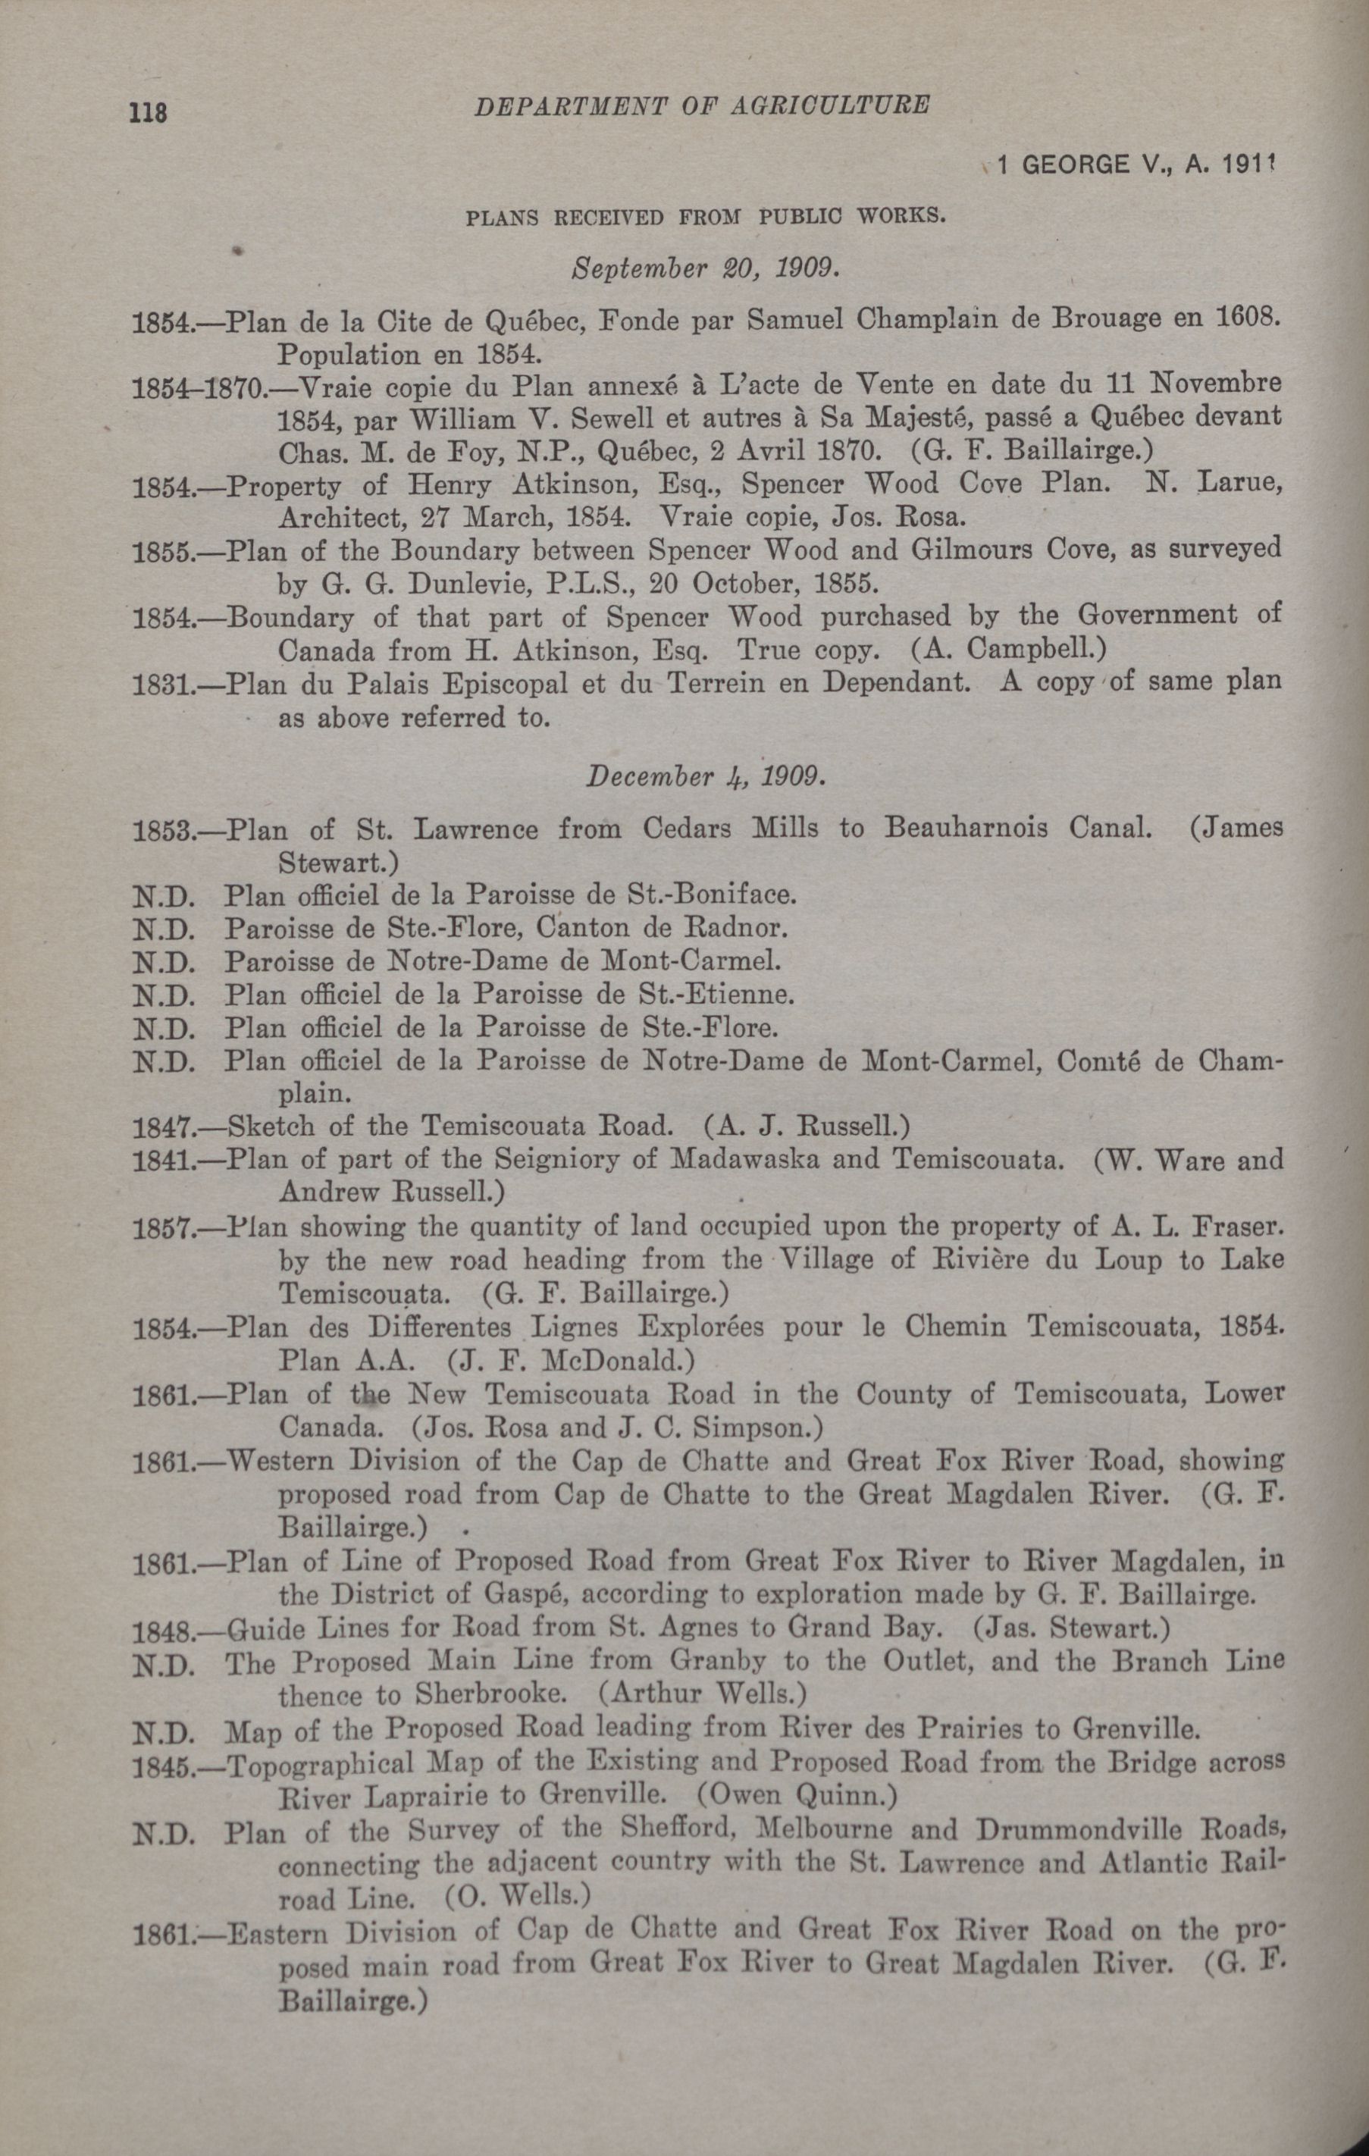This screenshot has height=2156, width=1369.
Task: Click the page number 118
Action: point(149,114)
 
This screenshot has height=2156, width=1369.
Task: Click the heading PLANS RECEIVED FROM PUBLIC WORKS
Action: point(705,217)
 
